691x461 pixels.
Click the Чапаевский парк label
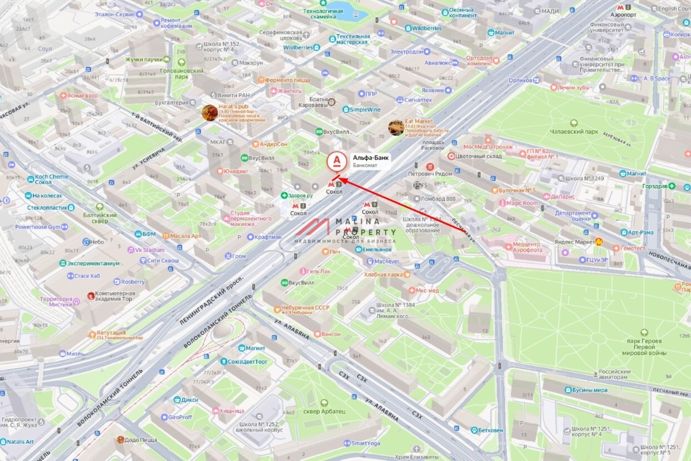point(574,131)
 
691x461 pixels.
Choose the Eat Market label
point(419,121)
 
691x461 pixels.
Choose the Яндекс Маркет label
point(573,242)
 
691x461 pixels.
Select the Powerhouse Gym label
point(37,227)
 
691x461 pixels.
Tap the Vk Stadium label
point(150,250)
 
